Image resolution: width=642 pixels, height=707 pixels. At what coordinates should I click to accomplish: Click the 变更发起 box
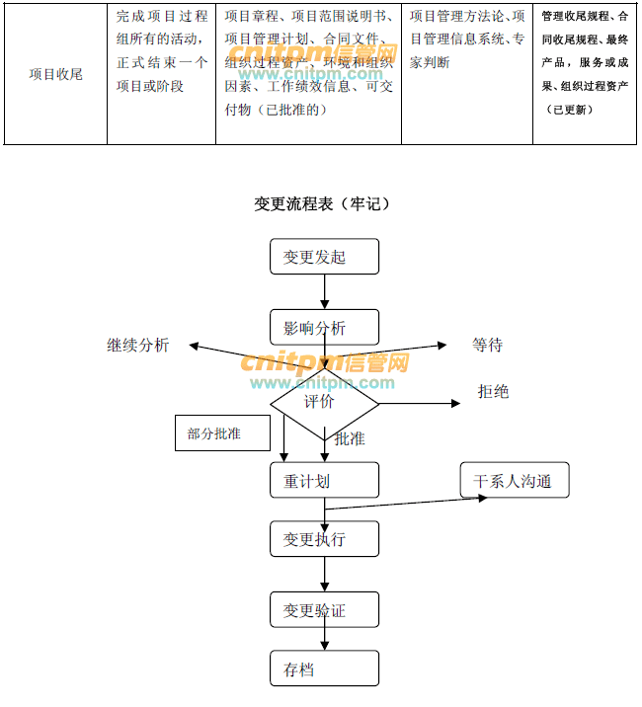pyautogui.click(x=324, y=257)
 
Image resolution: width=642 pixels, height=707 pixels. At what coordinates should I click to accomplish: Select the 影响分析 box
pyautogui.click(x=324, y=327)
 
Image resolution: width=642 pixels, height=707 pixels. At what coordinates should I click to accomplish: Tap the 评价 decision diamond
pyautogui.click(x=324, y=402)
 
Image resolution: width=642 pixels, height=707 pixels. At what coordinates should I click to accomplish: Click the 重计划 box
pyautogui.click(x=324, y=480)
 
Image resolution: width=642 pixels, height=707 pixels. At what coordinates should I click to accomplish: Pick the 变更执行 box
pyautogui.click(x=324, y=539)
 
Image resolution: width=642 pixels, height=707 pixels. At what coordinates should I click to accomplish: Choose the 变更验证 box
pyautogui.click(x=324, y=610)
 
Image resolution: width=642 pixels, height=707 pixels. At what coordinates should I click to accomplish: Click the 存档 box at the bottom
pyautogui.click(x=324, y=668)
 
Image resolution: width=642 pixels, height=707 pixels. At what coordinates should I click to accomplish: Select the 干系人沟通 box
pyautogui.click(x=513, y=481)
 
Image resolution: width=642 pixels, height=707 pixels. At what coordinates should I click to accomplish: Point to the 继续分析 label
pyautogui.click(x=138, y=345)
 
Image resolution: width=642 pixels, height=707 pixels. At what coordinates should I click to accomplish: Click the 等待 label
pyautogui.click(x=487, y=345)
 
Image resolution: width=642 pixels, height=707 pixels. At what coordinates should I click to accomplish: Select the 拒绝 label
pyautogui.click(x=493, y=392)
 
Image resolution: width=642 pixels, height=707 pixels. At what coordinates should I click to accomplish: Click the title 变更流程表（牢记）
pyautogui.click(x=323, y=203)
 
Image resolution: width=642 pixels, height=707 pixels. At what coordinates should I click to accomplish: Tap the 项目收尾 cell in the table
pyautogui.click(x=55, y=74)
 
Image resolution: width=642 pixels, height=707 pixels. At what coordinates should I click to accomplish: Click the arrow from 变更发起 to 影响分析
pyautogui.click(x=324, y=291)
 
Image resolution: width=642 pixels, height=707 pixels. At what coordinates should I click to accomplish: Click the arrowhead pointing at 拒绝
pyautogui.click(x=455, y=403)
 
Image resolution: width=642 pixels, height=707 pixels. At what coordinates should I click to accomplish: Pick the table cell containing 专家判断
pyautogui.click(x=466, y=74)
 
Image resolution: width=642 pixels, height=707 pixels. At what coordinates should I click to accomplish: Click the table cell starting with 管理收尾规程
pyautogui.click(x=587, y=74)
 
